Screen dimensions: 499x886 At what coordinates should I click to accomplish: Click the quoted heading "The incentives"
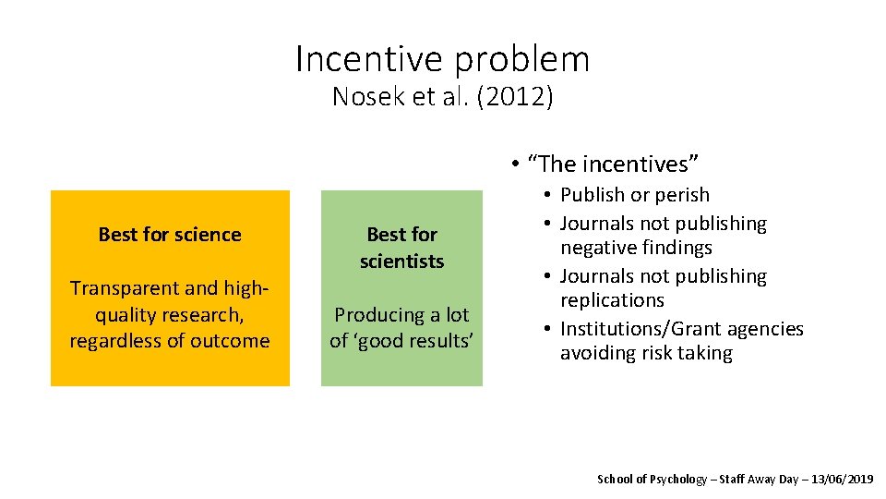(x=613, y=164)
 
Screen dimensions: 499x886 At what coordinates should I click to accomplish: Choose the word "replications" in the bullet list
(x=612, y=300)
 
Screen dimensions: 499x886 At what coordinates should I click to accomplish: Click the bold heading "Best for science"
(x=170, y=235)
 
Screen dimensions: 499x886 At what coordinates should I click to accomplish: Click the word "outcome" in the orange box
(x=233, y=340)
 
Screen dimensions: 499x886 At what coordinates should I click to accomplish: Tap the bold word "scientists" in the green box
(x=401, y=262)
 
